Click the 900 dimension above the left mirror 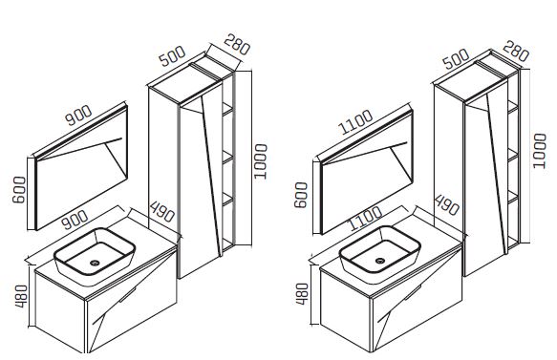79,115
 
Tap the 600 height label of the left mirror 19,190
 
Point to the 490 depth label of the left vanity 162,212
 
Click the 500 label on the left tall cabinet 172,56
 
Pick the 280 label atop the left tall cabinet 237,44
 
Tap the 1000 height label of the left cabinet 261,161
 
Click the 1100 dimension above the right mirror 356,122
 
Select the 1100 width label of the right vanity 366,219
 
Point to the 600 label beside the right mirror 301,195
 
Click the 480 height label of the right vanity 302,293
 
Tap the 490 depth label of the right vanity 447,205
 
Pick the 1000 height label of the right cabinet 540,151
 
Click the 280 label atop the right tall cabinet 516,52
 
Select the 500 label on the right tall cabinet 457,59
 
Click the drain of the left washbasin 95,263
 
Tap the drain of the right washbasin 380,261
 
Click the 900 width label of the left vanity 75,220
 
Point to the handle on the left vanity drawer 128,295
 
